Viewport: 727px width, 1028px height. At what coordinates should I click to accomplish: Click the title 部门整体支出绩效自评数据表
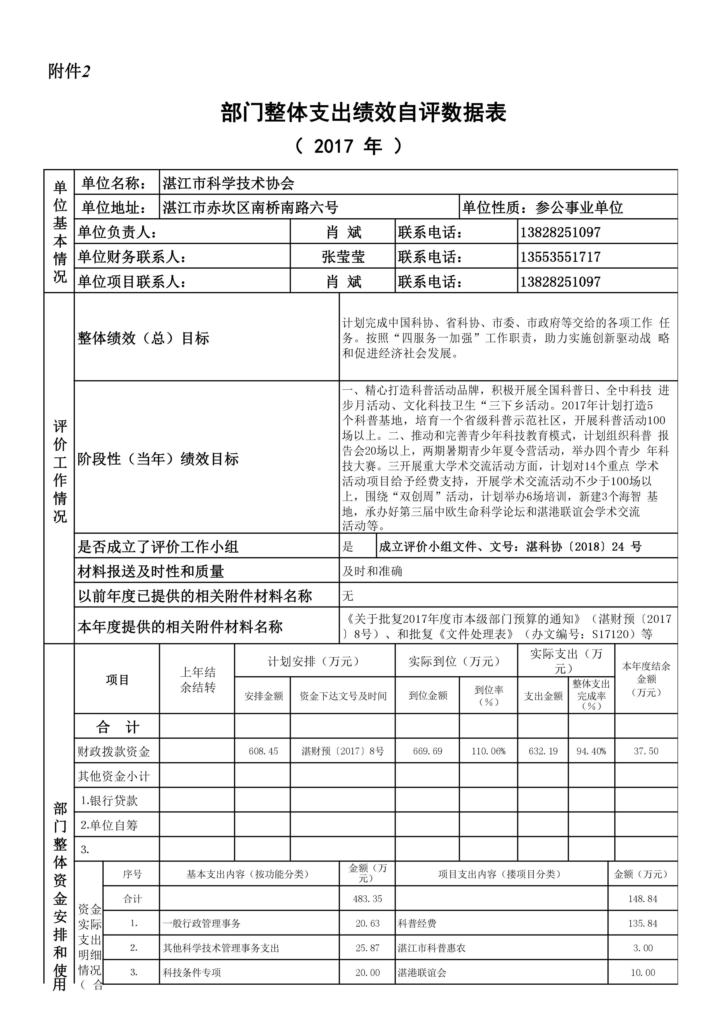(363, 113)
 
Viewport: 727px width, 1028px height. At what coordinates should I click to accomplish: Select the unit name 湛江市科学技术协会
(228, 183)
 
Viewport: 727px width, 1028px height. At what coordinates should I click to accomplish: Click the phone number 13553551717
(560, 257)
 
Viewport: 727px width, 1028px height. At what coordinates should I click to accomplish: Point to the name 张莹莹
(343, 257)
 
